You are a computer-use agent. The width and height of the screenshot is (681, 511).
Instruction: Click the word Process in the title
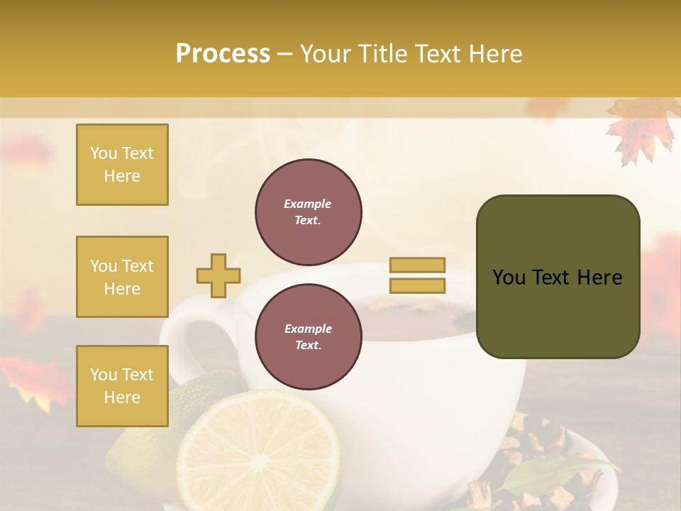[x=223, y=54]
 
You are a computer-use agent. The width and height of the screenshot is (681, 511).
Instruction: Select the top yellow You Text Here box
[x=122, y=165]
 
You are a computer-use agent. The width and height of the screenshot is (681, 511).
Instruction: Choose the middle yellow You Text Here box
[x=122, y=277]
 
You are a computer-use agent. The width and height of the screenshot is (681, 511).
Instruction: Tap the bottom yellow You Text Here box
[x=122, y=386]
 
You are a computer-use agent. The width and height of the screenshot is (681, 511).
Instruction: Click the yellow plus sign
[x=218, y=275]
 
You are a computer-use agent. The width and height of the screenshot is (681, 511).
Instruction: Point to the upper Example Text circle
[x=308, y=212]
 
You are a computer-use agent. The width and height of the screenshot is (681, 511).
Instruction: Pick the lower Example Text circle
[x=308, y=337]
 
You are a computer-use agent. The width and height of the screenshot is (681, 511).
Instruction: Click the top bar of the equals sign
[x=418, y=265]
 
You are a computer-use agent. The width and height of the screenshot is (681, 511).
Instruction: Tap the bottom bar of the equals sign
[x=418, y=285]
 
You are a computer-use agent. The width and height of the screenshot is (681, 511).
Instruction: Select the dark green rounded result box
[x=558, y=276]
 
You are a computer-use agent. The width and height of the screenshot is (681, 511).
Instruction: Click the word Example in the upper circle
[x=307, y=204]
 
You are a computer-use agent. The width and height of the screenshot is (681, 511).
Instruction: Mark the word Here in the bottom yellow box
[x=122, y=397]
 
